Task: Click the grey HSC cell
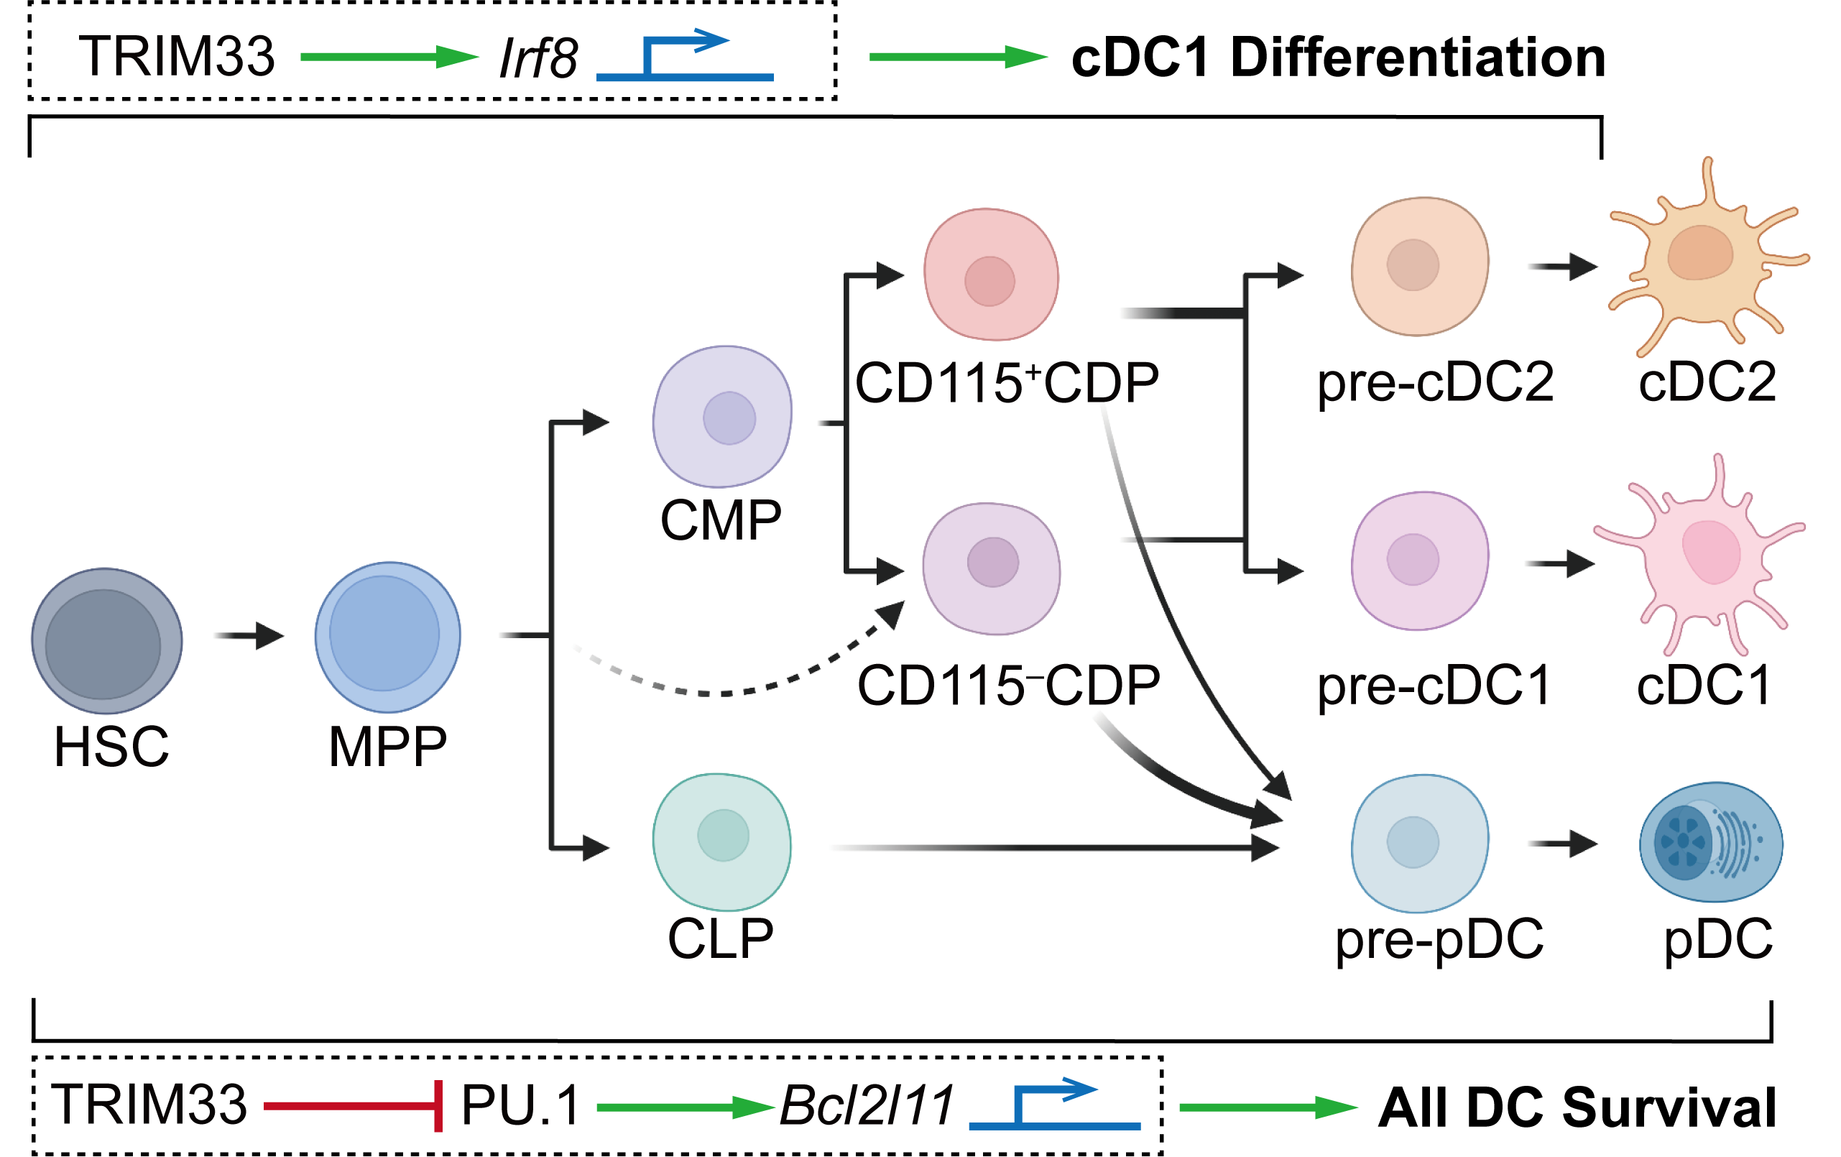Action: pos(107,641)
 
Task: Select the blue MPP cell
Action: pos(387,637)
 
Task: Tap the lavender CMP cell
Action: pos(722,417)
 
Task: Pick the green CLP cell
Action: pos(721,842)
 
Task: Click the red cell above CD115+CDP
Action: pos(991,275)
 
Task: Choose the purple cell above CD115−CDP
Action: pos(992,568)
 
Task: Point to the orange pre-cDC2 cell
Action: pos(1420,266)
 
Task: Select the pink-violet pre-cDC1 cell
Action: pos(1420,561)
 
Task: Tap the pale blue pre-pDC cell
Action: pos(1420,843)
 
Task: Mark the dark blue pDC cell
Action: pos(1711,842)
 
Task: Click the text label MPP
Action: pos(387,747)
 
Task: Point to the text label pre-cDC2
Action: pos(1435,382)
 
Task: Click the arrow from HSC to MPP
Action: pos(249,635)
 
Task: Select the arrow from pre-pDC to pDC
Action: pos(1563,844)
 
